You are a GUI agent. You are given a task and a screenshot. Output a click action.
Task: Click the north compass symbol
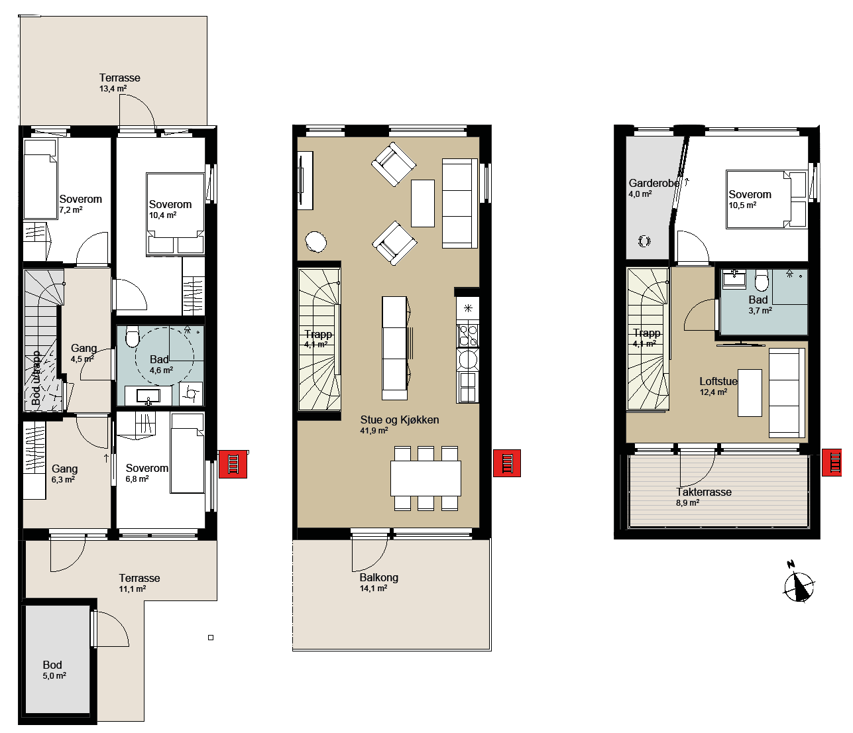pos(798,583)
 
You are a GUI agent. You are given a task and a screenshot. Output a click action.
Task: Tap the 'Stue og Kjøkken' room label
pos(399,420)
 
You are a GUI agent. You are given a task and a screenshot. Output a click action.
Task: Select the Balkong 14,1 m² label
pos(378,583)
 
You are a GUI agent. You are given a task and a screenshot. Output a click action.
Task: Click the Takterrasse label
pos(704,492)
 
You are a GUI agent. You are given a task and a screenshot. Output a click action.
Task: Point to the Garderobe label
pos(654,183)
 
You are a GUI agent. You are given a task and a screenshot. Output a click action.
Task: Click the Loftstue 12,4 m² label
pos(718,386)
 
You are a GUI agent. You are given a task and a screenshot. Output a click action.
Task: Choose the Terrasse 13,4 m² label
pos(120,83)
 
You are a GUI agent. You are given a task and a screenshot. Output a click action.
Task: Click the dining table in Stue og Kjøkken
pos(426,479)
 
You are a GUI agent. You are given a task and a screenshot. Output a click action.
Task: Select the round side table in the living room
pos(315,241)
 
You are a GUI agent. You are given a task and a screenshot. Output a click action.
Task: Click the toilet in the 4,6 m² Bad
pos(133,336)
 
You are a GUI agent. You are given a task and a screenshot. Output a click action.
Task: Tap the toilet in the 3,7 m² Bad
pos(762,280)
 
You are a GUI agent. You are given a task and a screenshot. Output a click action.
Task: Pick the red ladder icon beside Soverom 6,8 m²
pos(233,465)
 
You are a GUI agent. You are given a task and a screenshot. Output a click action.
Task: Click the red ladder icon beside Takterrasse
pos(832,463)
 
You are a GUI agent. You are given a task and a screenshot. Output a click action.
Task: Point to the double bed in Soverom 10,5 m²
pos(766,199)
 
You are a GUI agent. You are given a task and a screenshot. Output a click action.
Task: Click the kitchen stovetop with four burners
pos(467,335)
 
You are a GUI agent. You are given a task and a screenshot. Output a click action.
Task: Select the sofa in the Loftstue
pos(787,392)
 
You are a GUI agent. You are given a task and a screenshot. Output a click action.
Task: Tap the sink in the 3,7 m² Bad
pos(734,278)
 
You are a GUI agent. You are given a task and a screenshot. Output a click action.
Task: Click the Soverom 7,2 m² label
pos(80,204)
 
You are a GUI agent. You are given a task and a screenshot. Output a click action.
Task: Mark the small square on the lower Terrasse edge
pos(211,638)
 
